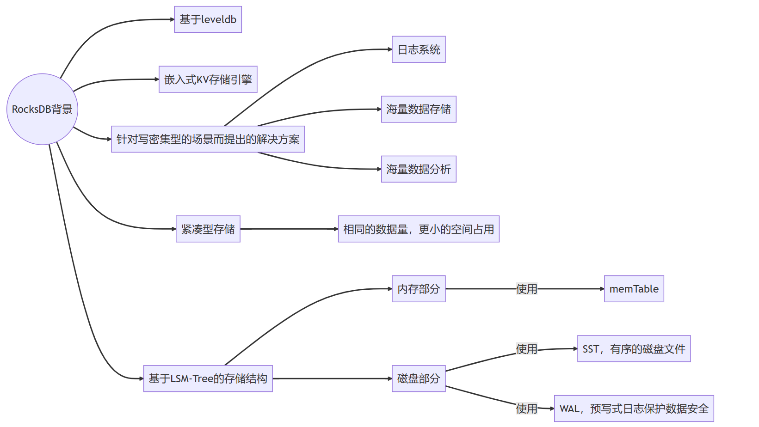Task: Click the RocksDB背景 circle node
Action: pyautogui.click(x=42, y=109)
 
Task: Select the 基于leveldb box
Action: pyautogui.click(x=208, y=19)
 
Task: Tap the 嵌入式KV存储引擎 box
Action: pyautogui.click(x=208, y=79)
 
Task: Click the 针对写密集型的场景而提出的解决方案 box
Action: pyautogui.click(x=208, y=139)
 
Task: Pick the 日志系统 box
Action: pyautogui.click(x=419, y=49)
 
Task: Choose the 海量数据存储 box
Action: pyautogui.click(x=419, y=109)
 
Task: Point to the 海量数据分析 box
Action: pyautogui.click(x=419, y=169)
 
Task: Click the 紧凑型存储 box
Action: pyautogui.click(x=208, y=229)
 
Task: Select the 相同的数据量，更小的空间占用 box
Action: pyautogui.click(x=419, y=229)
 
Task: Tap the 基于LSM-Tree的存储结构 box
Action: pyautogui.click(x=208, y=378)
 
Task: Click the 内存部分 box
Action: pyautogui.click(x=419, y=289)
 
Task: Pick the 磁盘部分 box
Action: pyautogui.click(x=419, y=378)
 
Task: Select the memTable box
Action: pyautogui.click(x=634, y=289)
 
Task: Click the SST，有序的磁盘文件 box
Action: pyautogui.click(x=634, y=349)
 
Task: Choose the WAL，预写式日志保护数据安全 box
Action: pyautogui.click(x=634, y=409)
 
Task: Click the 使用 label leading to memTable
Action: pyautogui.click(x=526, y=289)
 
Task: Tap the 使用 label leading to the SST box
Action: pyautogui.click(x=526, y=349)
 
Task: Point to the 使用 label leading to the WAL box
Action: pyautogui.click(x=526, y=409)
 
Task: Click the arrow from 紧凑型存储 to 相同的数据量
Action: pyautogui.click(x=289, y=229)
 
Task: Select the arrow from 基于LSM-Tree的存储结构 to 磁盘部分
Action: pyautogui.click(x=332, y=378)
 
